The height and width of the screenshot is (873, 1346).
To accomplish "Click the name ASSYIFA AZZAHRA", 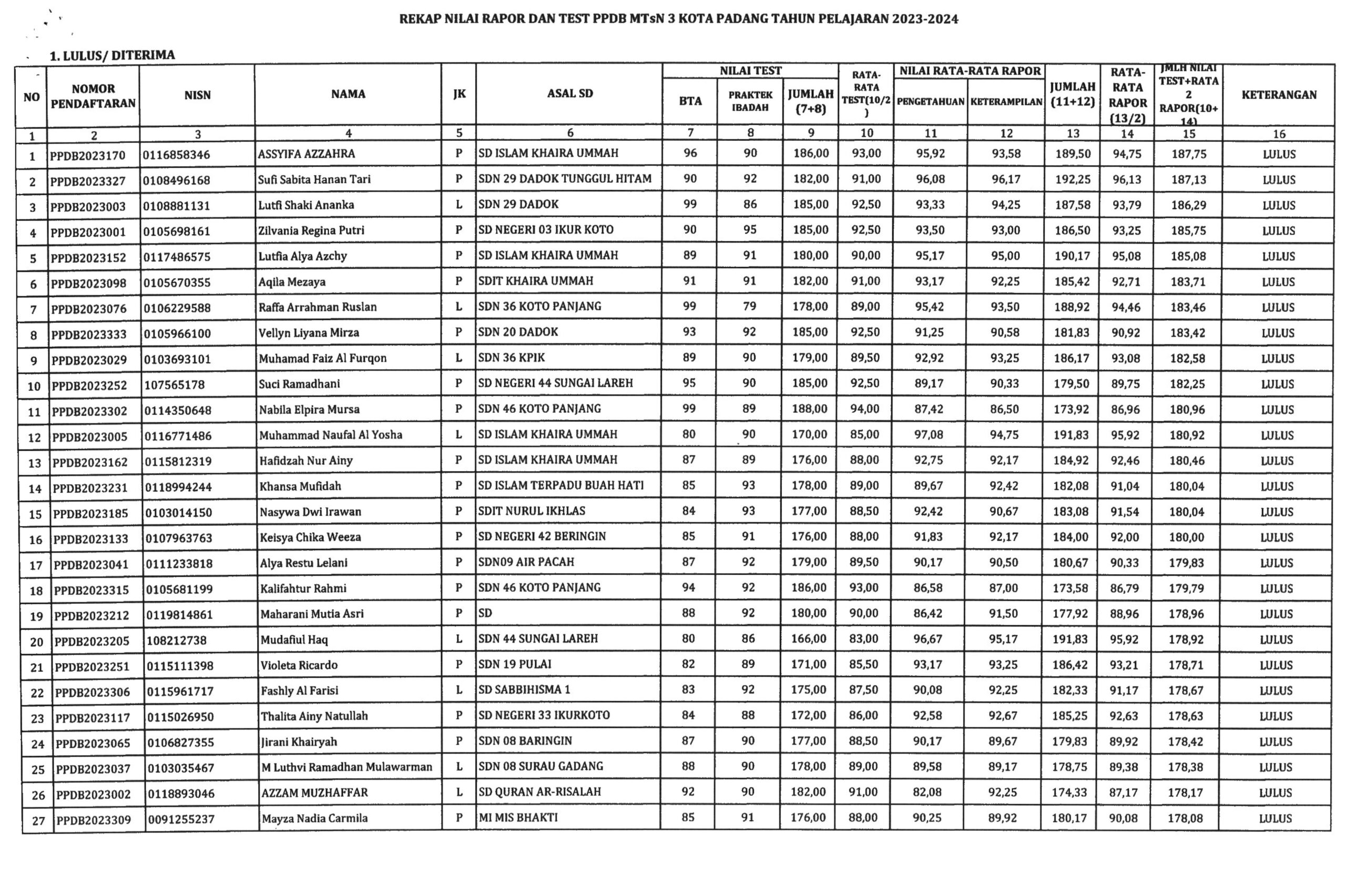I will [x=306, y=154].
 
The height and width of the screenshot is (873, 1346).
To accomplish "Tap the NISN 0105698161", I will [x=177, y=231].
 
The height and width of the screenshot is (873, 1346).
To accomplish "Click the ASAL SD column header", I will [x=569, y=94].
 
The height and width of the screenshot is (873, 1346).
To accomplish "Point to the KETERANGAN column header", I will [x=1279, y=95].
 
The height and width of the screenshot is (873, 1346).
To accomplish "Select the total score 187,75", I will [x=1189, y=154].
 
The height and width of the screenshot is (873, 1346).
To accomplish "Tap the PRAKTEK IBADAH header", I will [x=750, y=100].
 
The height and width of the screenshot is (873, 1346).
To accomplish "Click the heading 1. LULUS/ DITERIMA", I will [x=112, y=55].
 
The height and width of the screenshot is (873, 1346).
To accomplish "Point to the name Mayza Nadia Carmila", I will [x=314, y=818].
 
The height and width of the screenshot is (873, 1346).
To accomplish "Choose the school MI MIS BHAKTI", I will [x=517, y=818].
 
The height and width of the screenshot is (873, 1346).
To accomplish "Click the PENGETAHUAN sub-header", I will [x=930, y=102].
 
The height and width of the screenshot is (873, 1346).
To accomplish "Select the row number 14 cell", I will [x=35, y=488].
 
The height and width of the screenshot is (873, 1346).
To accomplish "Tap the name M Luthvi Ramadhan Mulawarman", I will [x=346, y=767].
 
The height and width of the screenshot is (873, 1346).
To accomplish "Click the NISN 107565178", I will [x=174, y=385].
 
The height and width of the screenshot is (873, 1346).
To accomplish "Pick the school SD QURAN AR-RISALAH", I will [x=539, y=792].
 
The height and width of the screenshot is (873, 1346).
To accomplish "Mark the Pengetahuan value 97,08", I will [x=929, y=434].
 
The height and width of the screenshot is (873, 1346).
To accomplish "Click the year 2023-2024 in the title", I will [x=925, y=19].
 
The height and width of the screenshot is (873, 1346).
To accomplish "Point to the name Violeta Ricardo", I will [x=299, y=665].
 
